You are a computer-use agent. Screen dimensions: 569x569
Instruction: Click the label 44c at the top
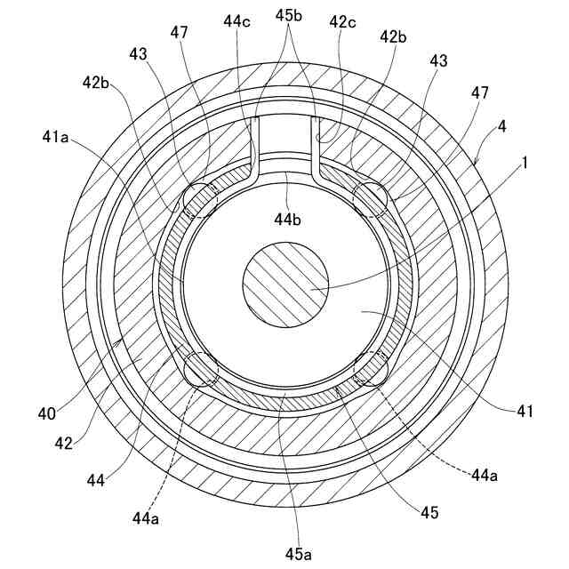[238, 21]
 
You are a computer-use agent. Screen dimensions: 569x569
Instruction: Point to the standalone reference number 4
[502, 127]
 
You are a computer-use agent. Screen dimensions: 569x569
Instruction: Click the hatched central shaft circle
[284, 284]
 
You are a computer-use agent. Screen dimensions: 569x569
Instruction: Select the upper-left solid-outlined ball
[201, 199]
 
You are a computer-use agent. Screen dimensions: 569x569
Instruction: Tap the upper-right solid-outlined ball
[370, 200]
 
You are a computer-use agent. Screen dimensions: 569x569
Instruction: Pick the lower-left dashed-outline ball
[202, 368]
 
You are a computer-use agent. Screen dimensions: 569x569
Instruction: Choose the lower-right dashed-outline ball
[371, 367]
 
